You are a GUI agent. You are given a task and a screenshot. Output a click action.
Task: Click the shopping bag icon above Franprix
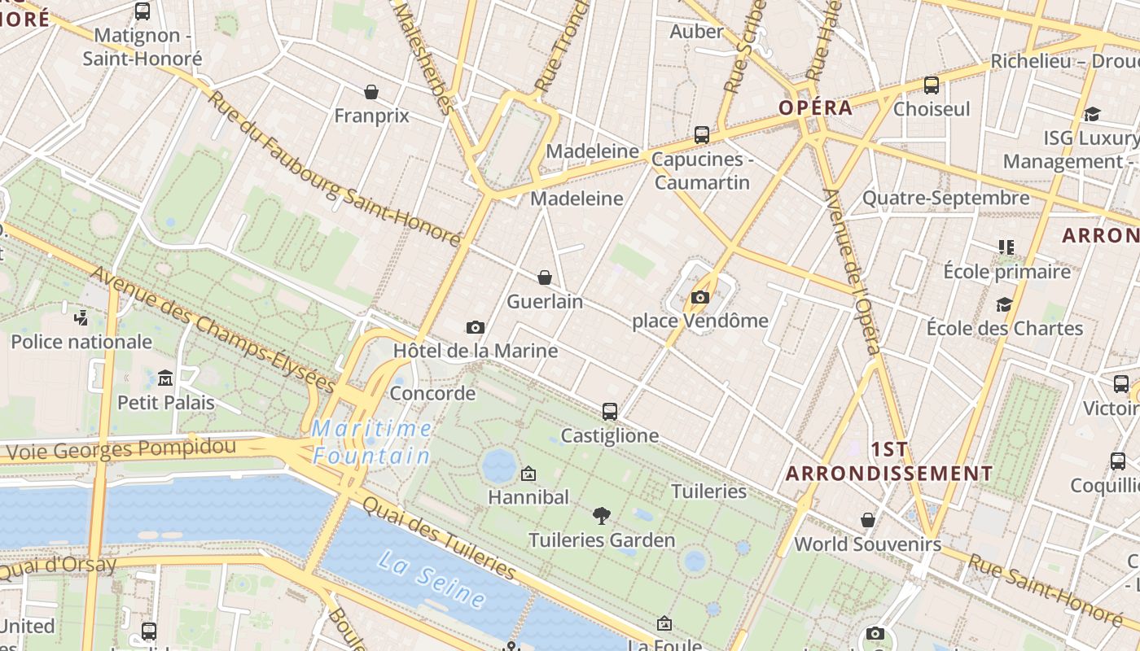(x=371, y=92)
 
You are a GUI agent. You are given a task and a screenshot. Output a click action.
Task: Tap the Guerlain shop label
(x=545, y=302)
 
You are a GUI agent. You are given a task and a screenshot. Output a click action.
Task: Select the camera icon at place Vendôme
(x=700, y=298)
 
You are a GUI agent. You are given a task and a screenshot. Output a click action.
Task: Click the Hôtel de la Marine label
(x=476, y=351)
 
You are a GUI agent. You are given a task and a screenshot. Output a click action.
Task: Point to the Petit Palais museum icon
(x=165, y=378)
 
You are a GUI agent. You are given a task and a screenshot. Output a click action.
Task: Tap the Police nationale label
(x=81, y=342)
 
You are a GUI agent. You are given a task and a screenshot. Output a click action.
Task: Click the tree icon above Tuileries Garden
(x=602, y=515)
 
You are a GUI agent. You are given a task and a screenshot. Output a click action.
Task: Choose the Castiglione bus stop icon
(x=610, y=412)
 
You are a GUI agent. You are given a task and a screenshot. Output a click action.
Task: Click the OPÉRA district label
(x=815, y=107)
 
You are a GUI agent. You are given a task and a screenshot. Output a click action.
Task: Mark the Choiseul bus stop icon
(x=932, y=85)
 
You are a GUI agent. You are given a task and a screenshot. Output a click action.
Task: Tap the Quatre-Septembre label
(x=945, y=198)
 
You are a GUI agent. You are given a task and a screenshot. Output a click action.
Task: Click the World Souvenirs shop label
(x=867, y=544)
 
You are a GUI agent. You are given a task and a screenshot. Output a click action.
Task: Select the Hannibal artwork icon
(x=528, y=473)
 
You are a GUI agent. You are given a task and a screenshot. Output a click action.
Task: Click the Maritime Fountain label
(x=371, y=442)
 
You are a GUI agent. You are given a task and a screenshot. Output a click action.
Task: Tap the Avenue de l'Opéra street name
(x=852, y=273)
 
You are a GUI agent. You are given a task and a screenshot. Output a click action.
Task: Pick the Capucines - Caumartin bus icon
(x=701, y=135)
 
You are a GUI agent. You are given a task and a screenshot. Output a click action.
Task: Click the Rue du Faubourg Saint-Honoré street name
(x=333, y=169)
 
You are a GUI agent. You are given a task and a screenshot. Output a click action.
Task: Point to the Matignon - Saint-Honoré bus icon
(x=142, y=11)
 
